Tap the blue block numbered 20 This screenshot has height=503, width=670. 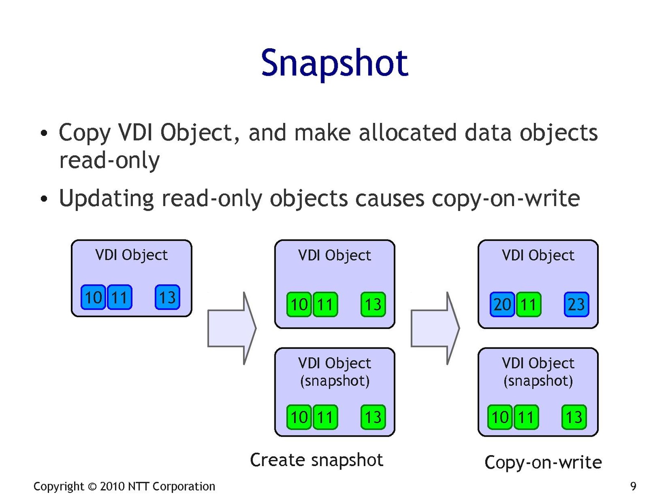pos(502,304)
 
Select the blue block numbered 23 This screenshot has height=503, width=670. pos(576,304)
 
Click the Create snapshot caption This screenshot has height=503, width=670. pos(316,460)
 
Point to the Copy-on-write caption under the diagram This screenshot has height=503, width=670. pos(543,462)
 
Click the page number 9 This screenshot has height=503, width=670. pos(633,486)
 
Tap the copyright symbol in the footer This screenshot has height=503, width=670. pos(92,487)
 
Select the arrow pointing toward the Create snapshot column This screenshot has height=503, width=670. pos(232,328)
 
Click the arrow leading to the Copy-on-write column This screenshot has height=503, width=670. pos(435,328)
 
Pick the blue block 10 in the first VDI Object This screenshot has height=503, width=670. pos(93,297)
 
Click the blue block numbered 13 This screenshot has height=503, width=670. pos(167,297)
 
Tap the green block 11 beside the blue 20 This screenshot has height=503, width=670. pos(528,304)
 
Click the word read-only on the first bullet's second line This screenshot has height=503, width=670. pos(109,160)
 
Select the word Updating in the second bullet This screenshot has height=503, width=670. pos(106,198)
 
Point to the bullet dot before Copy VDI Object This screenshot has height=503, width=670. pos(44,134)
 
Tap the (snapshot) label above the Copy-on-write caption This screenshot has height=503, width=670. pos(538,381)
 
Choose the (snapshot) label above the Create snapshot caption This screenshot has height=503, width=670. pos(335,381)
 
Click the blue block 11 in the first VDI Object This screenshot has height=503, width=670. pos(119,297)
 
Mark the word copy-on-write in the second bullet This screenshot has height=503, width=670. pos(506,198)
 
